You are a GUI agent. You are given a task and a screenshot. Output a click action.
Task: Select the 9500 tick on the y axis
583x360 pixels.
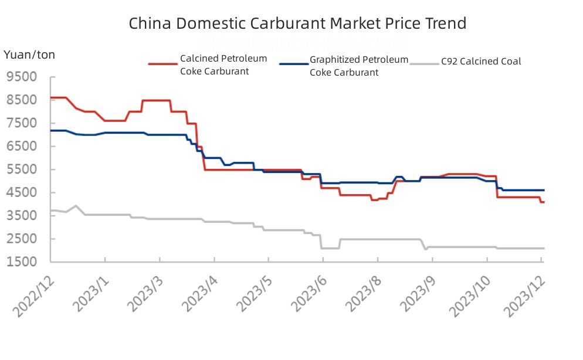(x=22, y=77)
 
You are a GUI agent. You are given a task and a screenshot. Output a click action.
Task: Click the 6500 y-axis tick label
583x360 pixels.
(x=22, y=147)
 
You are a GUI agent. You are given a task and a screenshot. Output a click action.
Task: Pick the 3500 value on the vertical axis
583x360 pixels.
(x=22, y=216)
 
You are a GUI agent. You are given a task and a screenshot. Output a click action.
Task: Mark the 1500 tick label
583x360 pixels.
(x=22, y=262)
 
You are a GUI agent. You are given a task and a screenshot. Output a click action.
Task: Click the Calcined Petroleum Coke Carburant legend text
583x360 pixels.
(x=223, y=65)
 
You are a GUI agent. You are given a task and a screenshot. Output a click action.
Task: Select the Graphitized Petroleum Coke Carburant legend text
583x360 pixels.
(x=358, y=66)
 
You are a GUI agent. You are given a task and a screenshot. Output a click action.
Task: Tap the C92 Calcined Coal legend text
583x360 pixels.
(x=481, y=62)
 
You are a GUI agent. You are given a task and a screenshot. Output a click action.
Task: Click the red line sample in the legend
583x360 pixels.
(x=162, y=63)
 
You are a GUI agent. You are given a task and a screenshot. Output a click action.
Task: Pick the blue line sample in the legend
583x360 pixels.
(x=293, y=63)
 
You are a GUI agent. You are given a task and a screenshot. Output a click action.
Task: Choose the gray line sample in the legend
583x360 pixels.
(x=425, y=63)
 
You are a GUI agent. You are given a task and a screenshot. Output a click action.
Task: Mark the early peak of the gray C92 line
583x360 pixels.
(x=76, y=206)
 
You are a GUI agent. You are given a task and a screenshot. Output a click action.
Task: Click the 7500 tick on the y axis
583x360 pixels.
(x=22, y=124)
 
